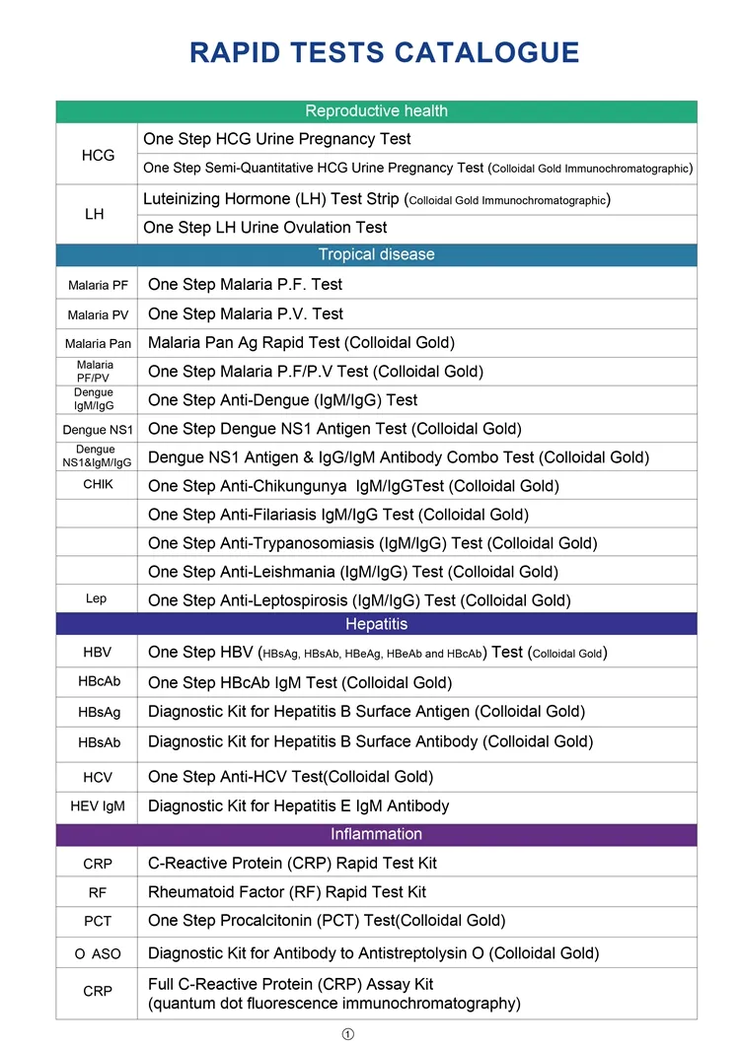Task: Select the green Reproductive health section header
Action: coord(376,111)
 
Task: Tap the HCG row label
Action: coord(98,155)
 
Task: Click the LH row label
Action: coord(95,214)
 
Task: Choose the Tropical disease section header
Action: coord(376,254)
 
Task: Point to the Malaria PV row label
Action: coord(98,314)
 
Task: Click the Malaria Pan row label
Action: coord(98,343)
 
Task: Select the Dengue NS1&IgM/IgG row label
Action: coord(96,456)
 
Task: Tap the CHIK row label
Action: coord(98,485)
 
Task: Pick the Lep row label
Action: coord(96,598)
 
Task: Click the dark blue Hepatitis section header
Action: coord(376,624)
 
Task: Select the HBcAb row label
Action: coord(99,682)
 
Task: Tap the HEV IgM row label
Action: coord(98,806)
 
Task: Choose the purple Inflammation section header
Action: coord(376,834)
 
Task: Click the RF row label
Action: coord(98,893)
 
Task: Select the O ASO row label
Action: coord(97,953)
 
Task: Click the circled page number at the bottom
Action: coord(347,1033)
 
